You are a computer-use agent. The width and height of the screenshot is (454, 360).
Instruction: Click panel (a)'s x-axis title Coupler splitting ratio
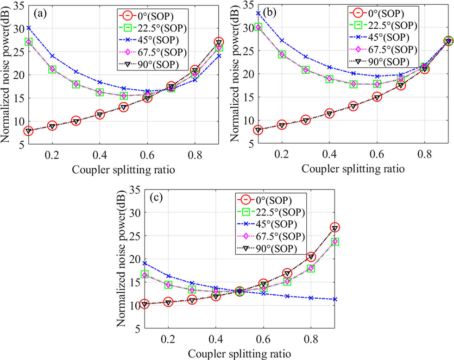click(123, 169)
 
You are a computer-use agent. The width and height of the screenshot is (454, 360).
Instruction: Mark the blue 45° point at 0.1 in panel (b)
click(258, 13)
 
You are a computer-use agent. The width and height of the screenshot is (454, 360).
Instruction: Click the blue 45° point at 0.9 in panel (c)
click(335, 299)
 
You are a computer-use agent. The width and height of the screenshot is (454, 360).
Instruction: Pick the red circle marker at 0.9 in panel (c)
click(335, 227)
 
